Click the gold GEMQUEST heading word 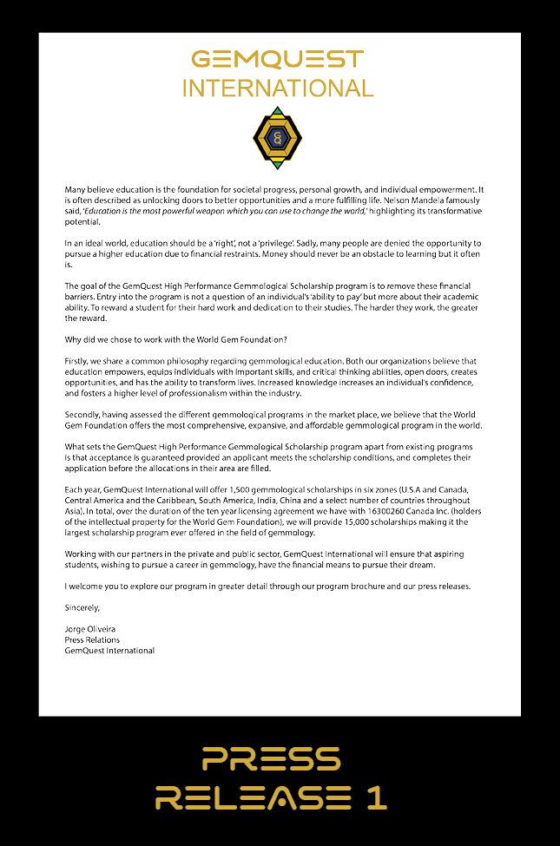point(278,59)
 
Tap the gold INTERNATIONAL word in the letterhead point(278,88)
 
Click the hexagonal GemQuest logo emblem point(277,138)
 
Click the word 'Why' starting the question point(73,338)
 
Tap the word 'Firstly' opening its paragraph point(78,360)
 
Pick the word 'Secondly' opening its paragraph point(84,414)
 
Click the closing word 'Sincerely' point(82,607)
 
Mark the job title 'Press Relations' point(92,639)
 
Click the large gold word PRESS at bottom point(271,759)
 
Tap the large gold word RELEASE point(253,797)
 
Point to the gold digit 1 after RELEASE point(376,797)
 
